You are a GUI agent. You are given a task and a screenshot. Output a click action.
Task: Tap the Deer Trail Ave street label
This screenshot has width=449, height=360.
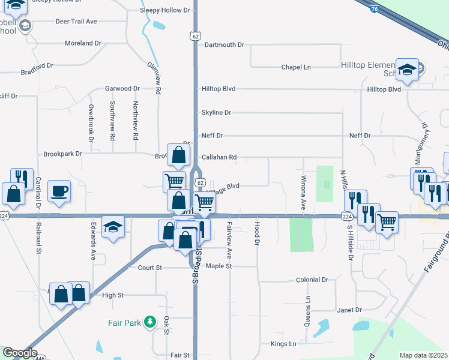[76, 22]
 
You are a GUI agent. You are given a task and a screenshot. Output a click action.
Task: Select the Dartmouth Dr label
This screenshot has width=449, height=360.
[224, 45]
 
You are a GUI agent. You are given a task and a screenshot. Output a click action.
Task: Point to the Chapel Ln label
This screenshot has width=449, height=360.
[296, 67]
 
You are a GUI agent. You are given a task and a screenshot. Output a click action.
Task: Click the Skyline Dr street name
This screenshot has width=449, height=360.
[216, 112]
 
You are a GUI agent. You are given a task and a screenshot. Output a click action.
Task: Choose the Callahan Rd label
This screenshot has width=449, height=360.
[219, 157]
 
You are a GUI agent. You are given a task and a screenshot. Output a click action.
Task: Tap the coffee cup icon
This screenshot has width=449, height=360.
[59, 191]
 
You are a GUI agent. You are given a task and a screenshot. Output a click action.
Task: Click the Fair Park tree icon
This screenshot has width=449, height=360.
[150, 323]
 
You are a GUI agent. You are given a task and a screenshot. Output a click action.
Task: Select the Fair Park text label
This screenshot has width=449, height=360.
[124, 323]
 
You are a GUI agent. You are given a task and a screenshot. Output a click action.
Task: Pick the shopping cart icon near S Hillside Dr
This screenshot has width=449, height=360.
[387, 222]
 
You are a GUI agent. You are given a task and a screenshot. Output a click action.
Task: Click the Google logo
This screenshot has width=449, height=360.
[20, 353]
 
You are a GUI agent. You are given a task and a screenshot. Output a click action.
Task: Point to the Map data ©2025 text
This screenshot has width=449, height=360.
[423, 355]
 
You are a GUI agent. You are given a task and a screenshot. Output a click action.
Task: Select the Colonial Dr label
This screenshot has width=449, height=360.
[312, 280]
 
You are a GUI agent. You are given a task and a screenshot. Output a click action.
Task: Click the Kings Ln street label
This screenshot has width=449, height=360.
[283, 344]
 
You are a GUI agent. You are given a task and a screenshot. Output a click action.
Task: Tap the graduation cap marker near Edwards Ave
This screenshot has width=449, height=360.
[113, 227]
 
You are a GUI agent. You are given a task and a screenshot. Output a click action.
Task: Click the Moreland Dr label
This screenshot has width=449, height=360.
[83, 43]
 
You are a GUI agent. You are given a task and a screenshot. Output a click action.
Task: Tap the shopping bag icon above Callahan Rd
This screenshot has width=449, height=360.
[179, 155]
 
